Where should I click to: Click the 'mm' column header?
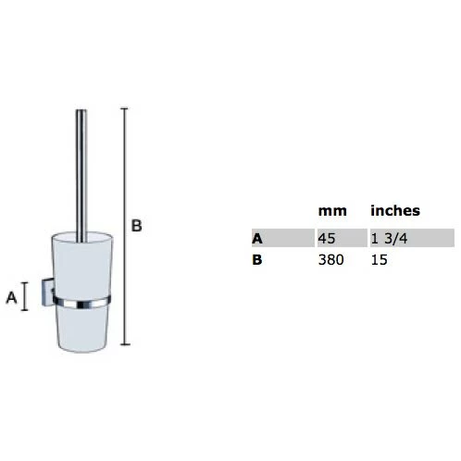[332, 211]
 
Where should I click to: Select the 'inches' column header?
[395, 210]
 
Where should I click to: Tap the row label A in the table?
[257, 239]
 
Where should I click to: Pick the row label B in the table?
[257, 260]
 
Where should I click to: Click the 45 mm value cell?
[327, 239]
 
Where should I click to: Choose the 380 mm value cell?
[330, 260]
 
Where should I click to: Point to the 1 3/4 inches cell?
[389, 239]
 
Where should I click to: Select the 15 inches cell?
[379, 260]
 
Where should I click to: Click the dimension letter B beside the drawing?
[137, 226]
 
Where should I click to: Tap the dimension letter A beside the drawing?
[11, 297]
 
